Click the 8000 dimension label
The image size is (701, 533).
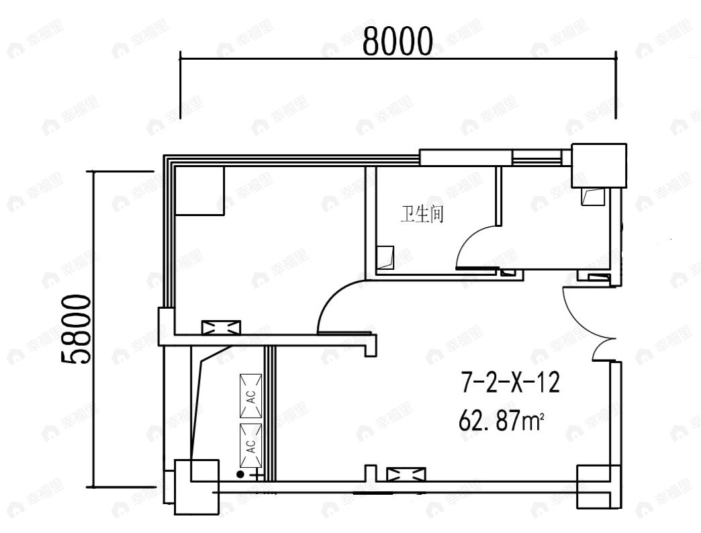(x=398, y=42)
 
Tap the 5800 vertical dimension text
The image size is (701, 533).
(x=76, y=329)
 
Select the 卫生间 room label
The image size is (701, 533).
(x=422, y=215)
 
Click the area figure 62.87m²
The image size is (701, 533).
(x=500, y=422)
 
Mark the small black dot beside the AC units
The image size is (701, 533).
(x=240, y=475)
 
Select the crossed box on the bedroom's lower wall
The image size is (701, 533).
(x=221, y=328)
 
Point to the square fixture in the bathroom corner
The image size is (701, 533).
(x=385, y=258)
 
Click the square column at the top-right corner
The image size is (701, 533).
(x=598, y=166)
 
